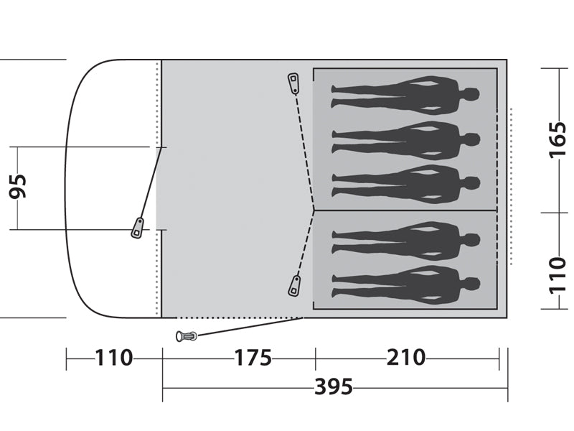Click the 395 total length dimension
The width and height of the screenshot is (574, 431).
[x=334, y=386]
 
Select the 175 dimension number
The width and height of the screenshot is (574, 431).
[x=253, y=358]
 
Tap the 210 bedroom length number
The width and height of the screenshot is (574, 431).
[x=406, y=357]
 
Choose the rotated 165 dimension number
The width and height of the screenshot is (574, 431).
[x=557, y=139]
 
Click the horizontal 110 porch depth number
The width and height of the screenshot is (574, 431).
[x=113, y=358]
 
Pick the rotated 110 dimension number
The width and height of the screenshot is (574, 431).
[x=557, y=276]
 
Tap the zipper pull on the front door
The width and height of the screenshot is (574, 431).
[x=137, y=228]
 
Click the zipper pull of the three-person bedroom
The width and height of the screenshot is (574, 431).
[x=293, y=84]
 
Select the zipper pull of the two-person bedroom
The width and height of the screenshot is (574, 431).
[x=294, y=286]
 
